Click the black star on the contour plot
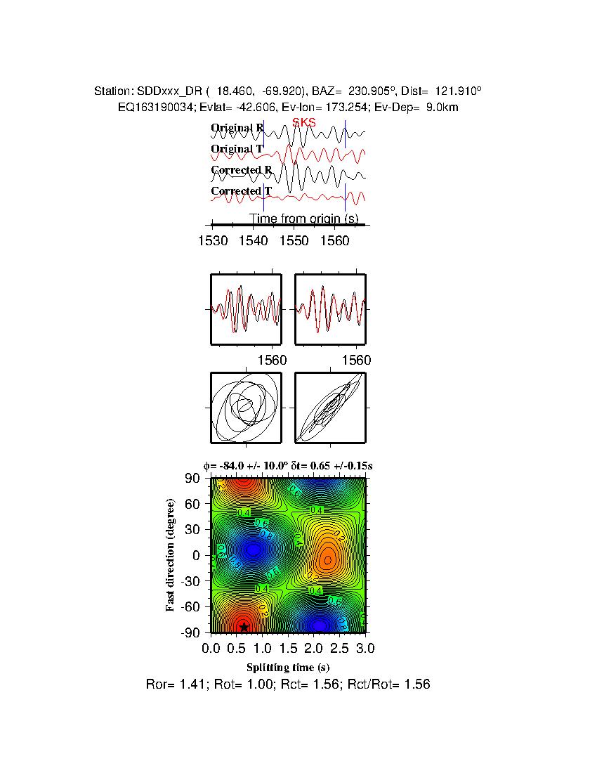pyautogui.click(x=244, y=627)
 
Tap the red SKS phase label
pyautogui.click(x=304, y=122)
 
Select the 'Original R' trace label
pyautogui.click(x=237, y=128)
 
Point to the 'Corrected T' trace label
pyautogui.click(x=241, y=191)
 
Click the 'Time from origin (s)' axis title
pyautogui.click(x=304, y=219)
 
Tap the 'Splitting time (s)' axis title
pyautogui.click(x=288, y=667)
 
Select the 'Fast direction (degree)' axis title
pyautogui.click(x=171, y=555)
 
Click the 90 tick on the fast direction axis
pyautogui.click(x=194, y=479)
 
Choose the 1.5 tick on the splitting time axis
pyautogui.click(x=288, y=647)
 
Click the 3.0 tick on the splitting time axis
pyautogui.click(x=365, y=647)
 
